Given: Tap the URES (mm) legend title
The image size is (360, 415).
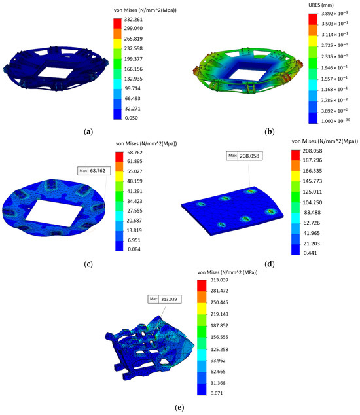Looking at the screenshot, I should point(336,6).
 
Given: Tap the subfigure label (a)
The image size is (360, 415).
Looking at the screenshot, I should point(88,132).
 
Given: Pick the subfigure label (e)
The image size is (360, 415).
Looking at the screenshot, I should point(179,406).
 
